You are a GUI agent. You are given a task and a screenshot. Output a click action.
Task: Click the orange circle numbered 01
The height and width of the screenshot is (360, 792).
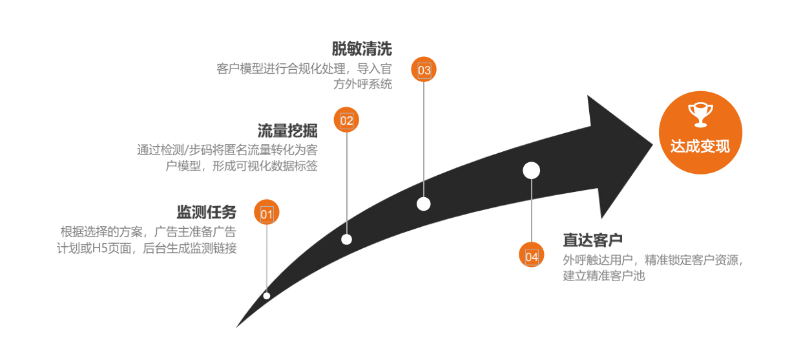tap(267, 212)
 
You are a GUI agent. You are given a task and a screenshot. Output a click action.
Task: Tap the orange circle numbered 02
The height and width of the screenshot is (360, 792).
tap(347, 120)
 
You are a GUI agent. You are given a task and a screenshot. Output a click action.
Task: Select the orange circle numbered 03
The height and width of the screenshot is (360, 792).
tap(424, 70)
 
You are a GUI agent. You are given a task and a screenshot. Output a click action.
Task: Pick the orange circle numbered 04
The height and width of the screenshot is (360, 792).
tap(532, 255)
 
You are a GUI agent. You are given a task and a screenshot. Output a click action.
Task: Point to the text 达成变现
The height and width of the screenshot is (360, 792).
tap(700, 147)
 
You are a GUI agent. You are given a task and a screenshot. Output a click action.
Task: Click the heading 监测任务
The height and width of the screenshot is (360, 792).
tap(207, 212)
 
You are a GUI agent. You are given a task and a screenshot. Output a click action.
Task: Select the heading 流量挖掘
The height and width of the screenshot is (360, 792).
tap(287, 130)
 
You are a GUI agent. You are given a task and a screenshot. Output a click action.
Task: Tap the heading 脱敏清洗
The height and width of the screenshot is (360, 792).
tap(362, 48)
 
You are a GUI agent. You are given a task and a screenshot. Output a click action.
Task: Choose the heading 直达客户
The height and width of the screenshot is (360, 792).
tap(592, 240)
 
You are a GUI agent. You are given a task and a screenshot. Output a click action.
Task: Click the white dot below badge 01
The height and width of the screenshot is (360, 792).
tap(267, 296)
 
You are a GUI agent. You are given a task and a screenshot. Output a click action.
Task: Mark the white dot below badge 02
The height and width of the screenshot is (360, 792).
tap(347, 239)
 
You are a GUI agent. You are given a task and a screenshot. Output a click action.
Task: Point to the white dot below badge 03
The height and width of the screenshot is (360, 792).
tap(424, 204)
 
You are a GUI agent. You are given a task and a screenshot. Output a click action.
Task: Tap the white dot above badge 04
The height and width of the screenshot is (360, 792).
tap(531, 171)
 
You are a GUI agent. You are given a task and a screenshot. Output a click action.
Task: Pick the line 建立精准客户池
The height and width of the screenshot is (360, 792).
tap(603, 276)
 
